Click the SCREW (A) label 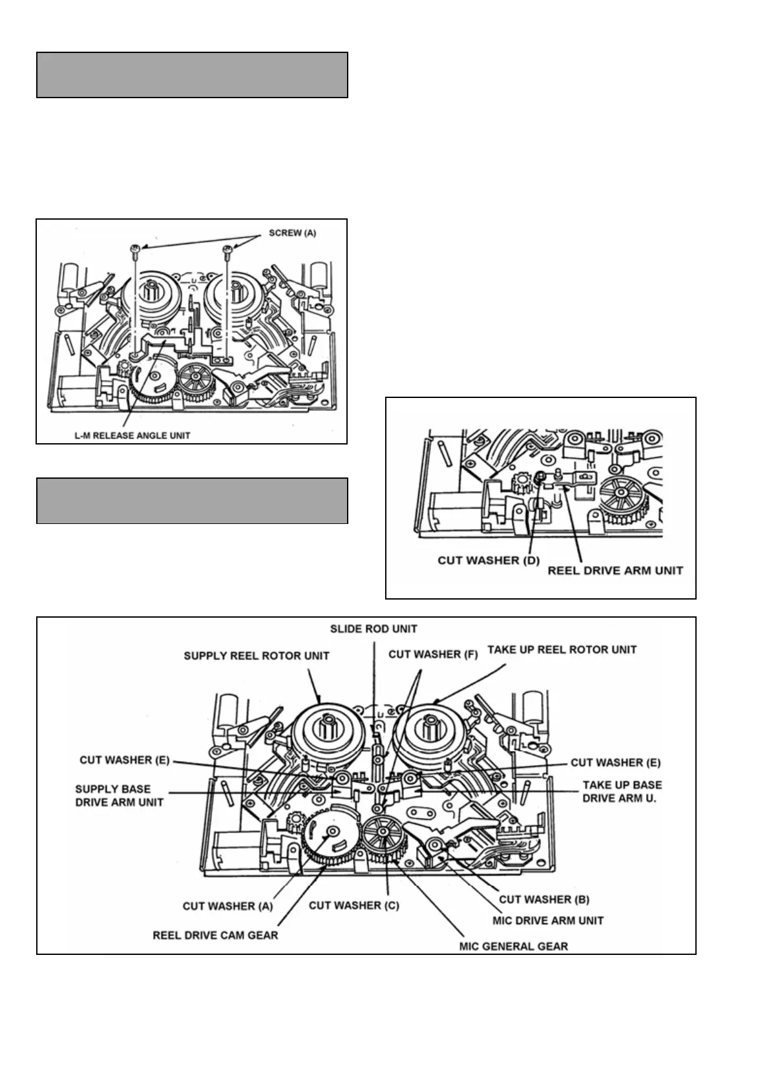(x=292, y=233)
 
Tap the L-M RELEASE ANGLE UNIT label (x=132, y=435)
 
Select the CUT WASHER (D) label (x=489, y=560)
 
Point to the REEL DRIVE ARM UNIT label (x=615, y=570)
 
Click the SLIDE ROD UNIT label (x=374, y=629)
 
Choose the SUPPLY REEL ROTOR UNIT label (x=257, y=656)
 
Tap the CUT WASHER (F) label (x=433, y=654)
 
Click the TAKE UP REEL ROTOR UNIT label (x=562, y=649)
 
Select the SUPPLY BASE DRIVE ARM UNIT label (x=119, y=795)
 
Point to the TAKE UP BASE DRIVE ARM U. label (x=622, y=791)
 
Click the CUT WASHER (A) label (x=227, y=906)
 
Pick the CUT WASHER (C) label (x=353, y=905)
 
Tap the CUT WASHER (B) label (x=543, y=899)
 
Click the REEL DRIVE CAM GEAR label (x=215, y=935)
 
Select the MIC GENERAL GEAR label (x=513, y=947)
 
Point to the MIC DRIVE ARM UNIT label (x=547, y=921)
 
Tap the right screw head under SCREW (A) (x=227, y=248)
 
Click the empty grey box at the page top (x=192, y=75)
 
